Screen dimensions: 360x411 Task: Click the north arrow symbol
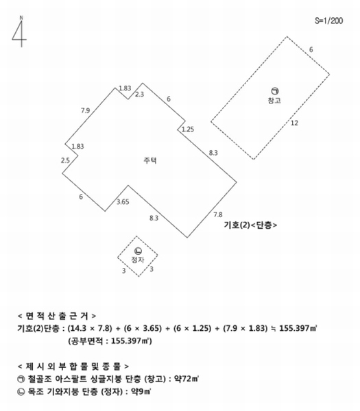(x=20, y=32)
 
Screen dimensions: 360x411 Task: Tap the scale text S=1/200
(x=328, y=21)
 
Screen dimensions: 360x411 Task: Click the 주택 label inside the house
(x=150, y=160)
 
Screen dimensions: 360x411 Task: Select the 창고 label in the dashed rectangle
(x=274, y=101)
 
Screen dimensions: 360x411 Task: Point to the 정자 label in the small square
(x=138, y=260)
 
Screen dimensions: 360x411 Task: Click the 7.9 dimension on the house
(x=85, y=110)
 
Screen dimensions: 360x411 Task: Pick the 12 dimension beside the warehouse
(x=294, y=123)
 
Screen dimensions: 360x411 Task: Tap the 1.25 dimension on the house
(x=188, y=129)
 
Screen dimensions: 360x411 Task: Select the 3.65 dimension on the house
(x=123, y=202)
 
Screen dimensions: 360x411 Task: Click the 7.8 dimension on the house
(x=218, y=214)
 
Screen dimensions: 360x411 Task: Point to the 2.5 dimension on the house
(x=65, y=160)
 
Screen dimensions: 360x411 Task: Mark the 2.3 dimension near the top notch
(x=139, y=95)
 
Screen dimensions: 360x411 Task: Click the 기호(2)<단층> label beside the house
(x=250, y=225)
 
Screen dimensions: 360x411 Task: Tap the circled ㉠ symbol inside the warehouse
(x=275, y=91)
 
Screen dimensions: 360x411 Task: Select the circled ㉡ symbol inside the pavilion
(x=138, y=251)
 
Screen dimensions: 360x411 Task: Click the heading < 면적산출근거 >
(x=57, y=316)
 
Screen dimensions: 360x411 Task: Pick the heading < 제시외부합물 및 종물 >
(x=73, y=366)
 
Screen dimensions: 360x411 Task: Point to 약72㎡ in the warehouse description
(x=187, y=379)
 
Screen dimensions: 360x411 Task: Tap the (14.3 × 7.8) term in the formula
(x=90, y=328)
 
